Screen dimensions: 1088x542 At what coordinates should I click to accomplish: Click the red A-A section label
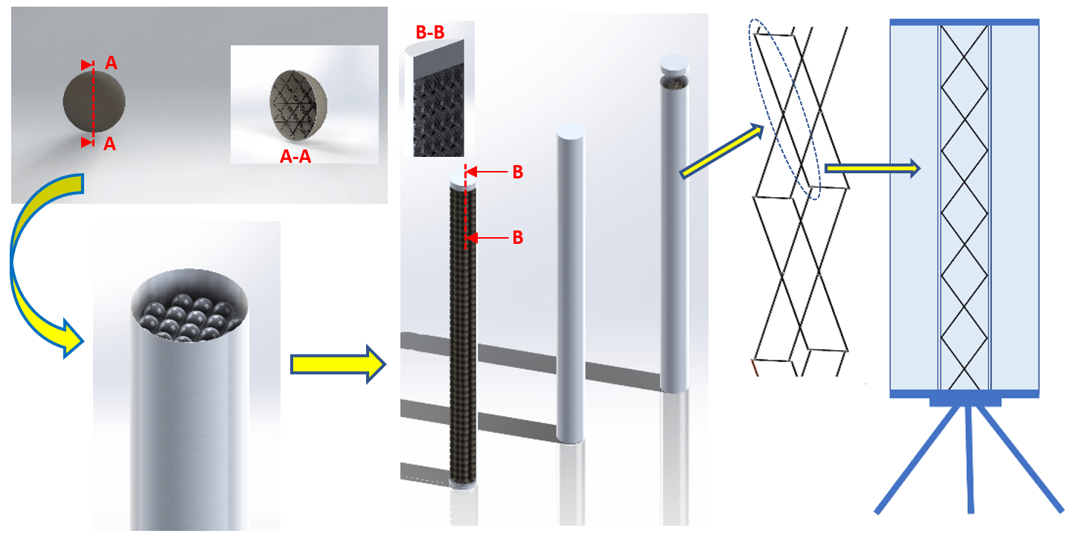click(x=295, y=156)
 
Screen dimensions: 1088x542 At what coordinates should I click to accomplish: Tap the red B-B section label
click(x=430, y=33)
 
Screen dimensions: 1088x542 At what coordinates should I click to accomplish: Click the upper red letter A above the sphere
click(x=111, y=62)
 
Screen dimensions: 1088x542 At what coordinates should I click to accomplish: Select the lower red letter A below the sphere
click(x=110, y=143)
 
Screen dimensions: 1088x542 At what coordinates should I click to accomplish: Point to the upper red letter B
click(x=518, y=172)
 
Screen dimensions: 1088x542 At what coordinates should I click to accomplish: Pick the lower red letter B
click(x=518, y=238)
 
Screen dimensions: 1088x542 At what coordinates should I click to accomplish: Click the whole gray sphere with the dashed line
click(x=95, y=101)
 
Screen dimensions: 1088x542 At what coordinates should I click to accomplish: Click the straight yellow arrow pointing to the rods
click(x=338, y=364)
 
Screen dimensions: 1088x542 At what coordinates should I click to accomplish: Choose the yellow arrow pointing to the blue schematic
click(x=872, y=168)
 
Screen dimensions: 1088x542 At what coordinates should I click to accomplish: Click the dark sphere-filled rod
click(x=462, y=335)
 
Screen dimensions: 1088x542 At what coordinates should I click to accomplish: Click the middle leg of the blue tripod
click(x=970, y=459)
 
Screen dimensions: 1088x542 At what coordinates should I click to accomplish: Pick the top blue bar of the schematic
click(x=964, y=22)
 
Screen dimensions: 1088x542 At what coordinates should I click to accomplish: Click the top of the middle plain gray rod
click(x=571, y=132)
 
